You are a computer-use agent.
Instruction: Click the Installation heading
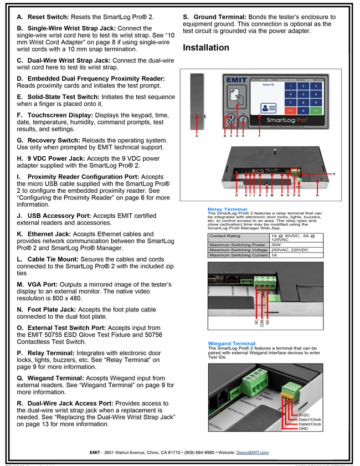(206, 48)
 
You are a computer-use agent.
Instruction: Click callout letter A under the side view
(197, 135)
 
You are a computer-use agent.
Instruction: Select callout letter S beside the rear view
(334, 174)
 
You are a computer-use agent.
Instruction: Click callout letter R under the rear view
(317, 195)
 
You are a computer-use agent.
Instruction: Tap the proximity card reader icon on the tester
(236, 96)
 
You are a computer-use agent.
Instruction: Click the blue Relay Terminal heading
(228, 209)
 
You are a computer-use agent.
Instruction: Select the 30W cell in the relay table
(276, 244)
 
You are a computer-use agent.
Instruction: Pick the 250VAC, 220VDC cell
(289, 250)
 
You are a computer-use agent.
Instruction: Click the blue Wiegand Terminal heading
(232, 344)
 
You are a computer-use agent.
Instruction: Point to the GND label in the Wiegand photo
(304, 429)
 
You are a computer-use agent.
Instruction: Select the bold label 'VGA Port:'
(45, 285)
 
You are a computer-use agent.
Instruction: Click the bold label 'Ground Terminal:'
(224, 18)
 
